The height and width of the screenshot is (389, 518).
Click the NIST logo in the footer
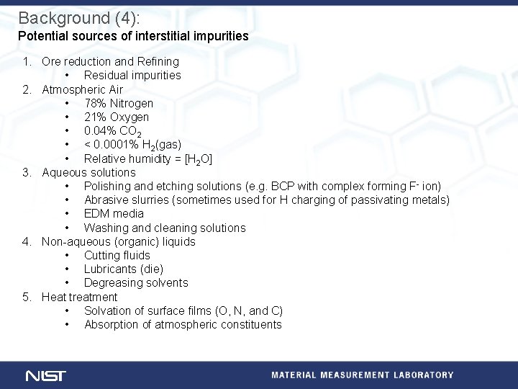(x=45, y=375)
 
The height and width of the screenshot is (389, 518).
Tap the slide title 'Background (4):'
(x=74, y=17)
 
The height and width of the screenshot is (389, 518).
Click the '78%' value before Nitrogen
(x=95, y=103)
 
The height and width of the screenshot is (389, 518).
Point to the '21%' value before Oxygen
(x=95, y=117)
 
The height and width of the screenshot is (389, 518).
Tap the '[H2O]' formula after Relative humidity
(x=198, y=159)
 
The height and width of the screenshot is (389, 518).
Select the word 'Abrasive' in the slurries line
(x=106, y=200)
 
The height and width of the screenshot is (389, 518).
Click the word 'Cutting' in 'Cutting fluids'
(x=101, y=255)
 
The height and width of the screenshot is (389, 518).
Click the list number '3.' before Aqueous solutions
(x=27, y=172)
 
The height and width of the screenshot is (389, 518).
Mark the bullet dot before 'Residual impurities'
(x=67, y=75)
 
